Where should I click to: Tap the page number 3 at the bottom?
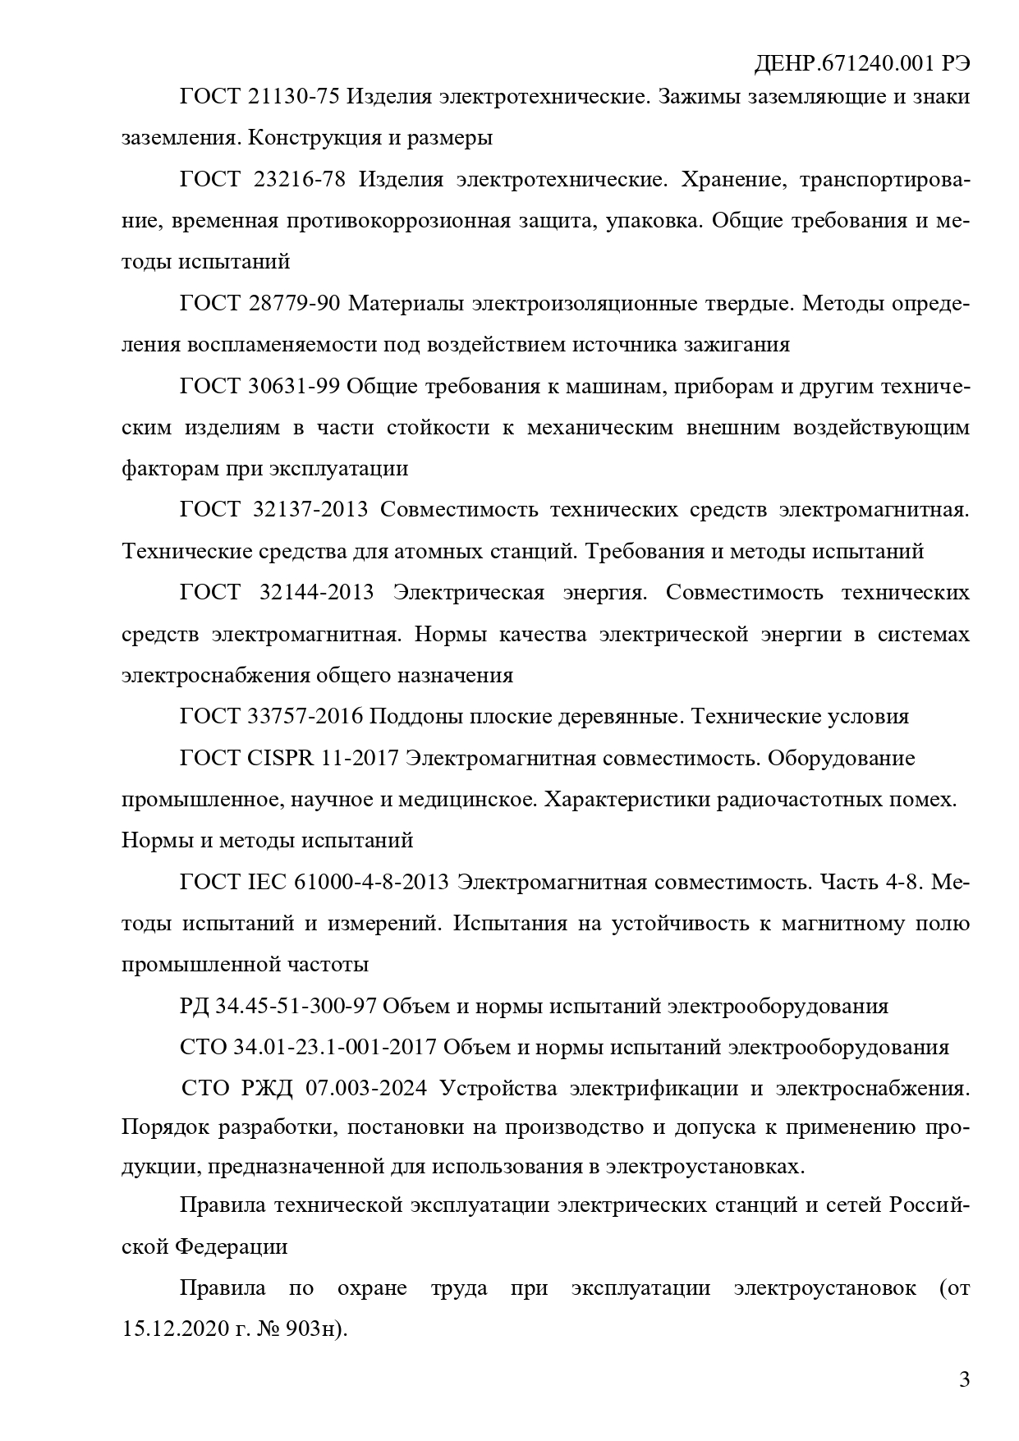[x=964, y=1379]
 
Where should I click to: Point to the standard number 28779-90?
[x=293, y=304]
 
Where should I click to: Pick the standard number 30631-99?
[x=293, y=386]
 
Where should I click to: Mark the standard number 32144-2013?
[x=316, y=592]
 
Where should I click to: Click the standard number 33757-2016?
[x=305, y=716]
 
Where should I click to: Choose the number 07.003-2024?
[x=366, y=1089]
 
